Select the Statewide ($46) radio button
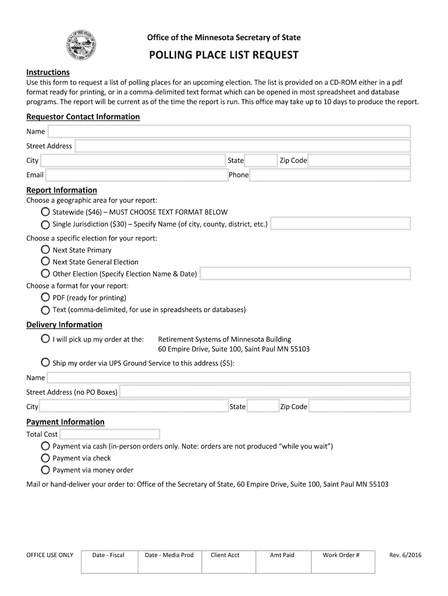tap(45, 212)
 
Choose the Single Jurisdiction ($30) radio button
tap(45, 224)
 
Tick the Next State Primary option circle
tap(45, 250)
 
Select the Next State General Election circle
tap(45, 261)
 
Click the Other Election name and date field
tap(305, 274)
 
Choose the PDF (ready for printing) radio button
tap(45, 297)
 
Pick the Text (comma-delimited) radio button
tap(45, 310)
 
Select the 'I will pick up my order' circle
tap(45, 338)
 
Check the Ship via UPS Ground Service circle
tap(45, 362)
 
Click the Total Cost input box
tap(109, 434)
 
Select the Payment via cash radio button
tap(45, 446)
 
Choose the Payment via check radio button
tap(45, 457)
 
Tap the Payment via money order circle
tap(45, 470)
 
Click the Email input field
tap(136, 175)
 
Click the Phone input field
tap(330, 175)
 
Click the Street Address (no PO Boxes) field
tap(265, 392)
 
